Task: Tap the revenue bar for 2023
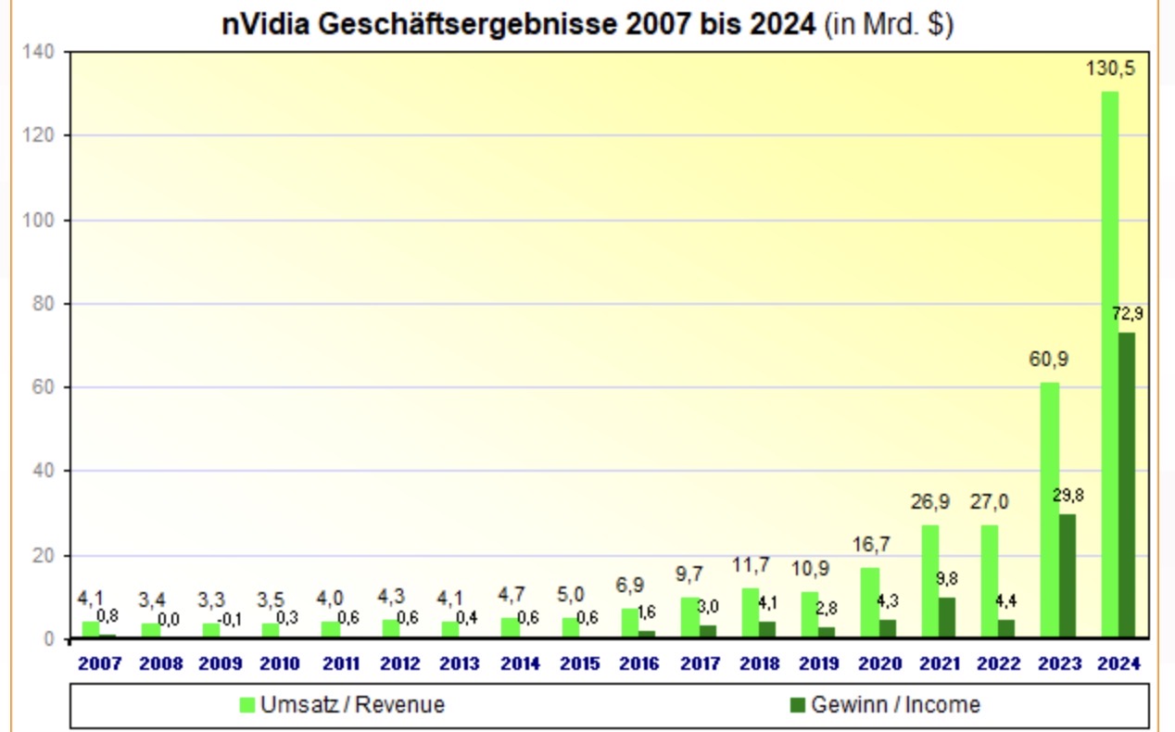point(1049,510)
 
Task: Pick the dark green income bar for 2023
point(1067,575)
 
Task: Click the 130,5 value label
point(1110,69)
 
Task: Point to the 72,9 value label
point(1127,314)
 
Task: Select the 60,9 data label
point(1049,360)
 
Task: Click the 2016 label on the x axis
point(639,663)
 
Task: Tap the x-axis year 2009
point(220,663)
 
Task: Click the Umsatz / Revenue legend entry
point(342,705)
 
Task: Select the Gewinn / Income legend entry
point(884,705)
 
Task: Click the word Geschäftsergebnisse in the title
point(468,24)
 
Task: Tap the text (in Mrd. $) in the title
point(889,24)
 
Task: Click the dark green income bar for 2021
point(947,617)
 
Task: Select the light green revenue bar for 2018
point(750,612)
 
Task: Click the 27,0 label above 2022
point(990,503)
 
